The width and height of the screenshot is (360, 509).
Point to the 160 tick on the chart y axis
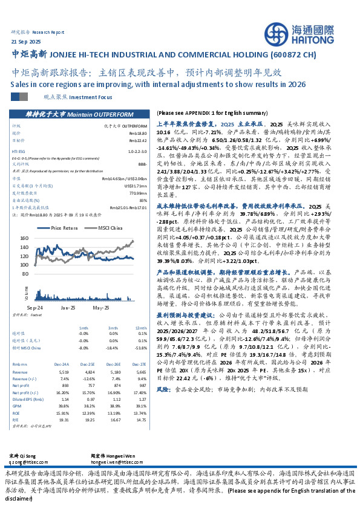click(24, 238)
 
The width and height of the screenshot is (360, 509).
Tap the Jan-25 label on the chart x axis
click(68, 308)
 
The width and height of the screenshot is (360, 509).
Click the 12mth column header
click(142, 327)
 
